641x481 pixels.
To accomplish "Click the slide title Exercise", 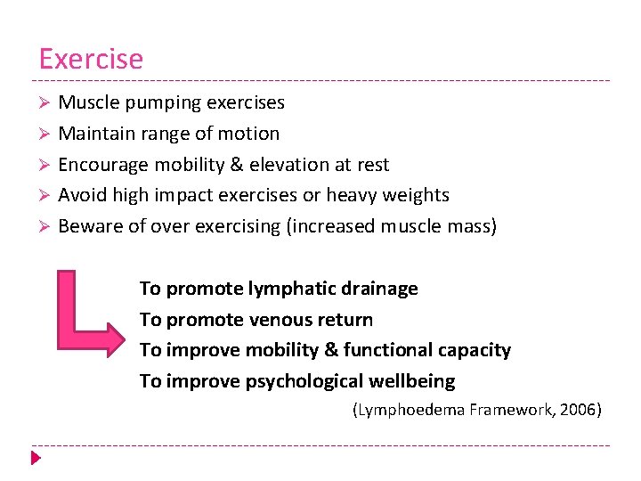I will tap(90, 59).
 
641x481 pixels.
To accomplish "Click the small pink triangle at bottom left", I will tap(36, 459).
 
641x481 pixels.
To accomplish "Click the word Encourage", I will tap(104, 165).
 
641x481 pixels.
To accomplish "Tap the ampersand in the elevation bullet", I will tap(237, 165).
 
